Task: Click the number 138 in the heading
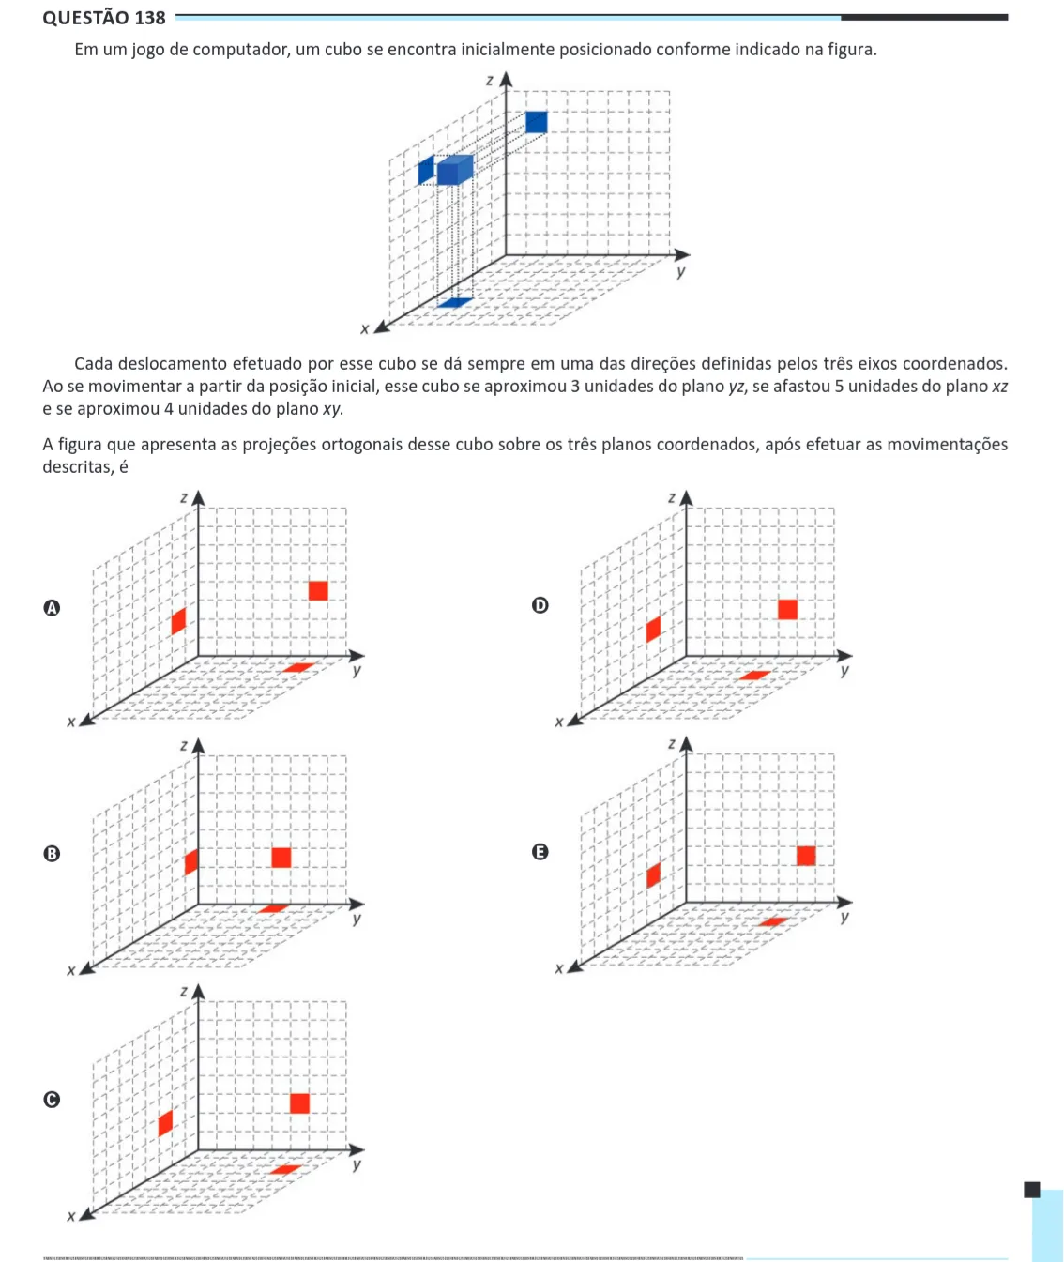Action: (150, 18)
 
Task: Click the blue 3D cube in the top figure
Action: (455, 170)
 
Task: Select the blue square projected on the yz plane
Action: (537, 122)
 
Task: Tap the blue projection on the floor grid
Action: (455, 302)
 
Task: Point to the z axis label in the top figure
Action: (489, 81)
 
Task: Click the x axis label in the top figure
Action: (365, 328)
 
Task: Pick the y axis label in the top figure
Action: (681, 271)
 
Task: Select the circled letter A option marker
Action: (52, 607)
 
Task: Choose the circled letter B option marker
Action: (52, 854)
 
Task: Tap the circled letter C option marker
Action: (52, 1100)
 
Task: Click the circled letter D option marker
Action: (540, 605)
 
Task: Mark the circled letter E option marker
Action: (540, 852)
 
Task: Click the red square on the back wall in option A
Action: (318, 590)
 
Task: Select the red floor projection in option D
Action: (754, 676)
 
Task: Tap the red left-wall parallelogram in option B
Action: (191, 862)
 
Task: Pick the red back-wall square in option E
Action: (806, 856)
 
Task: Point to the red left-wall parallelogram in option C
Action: (166, 1123)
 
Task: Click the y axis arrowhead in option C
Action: (357, 1149)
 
